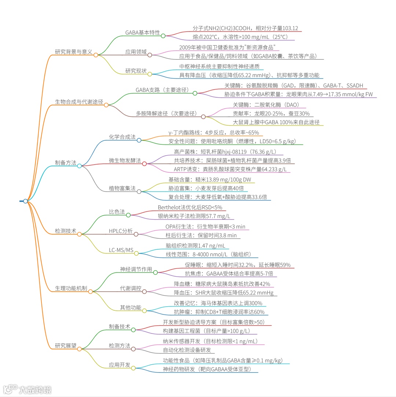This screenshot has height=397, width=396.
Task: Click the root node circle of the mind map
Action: point(25,201)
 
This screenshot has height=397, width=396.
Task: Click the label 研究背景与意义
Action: point(73,52)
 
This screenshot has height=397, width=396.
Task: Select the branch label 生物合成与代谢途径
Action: point(79,102)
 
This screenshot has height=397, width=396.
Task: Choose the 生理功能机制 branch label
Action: point(71,288)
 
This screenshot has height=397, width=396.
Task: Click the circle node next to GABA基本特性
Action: point(163,36)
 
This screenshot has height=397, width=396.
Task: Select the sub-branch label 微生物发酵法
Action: point(125,160)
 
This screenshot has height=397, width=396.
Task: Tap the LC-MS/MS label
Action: point(121,250)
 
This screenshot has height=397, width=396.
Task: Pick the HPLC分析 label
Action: point(121,231)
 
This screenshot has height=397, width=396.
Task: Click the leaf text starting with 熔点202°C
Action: point(240,37)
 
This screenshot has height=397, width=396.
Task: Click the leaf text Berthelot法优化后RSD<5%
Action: point(190,207)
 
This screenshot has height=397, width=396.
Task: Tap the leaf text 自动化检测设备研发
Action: point(187,350)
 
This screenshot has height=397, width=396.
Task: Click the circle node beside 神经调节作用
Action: point(155,272)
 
